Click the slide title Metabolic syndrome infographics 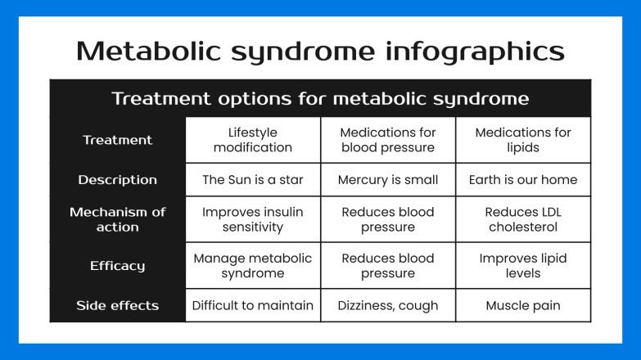pos(320,51)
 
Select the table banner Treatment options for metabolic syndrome pos(320,99)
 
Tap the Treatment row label pos(117,140)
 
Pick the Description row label pos(117,180)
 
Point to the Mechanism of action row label pos(117,219)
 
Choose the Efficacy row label pos(117,265)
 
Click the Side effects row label pos(117,306)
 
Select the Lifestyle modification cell pos(252,140)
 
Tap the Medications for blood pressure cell pos(388,140)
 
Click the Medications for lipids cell pos(523,140)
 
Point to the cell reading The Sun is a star pos(252,180)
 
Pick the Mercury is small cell pos(388,180)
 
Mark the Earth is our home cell pos(523,180)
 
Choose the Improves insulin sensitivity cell pos(252,219)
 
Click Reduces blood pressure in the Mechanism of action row pos(388,219)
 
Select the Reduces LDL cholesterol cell pos(523,219)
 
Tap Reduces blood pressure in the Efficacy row pos(388,265)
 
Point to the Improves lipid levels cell pos(523,265)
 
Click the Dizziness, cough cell pos(388,306)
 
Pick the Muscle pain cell pos(523,306)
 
